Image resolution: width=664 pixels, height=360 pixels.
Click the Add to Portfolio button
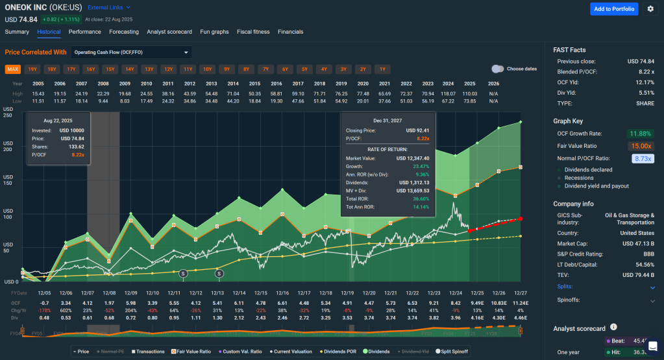pyautogui.click(x=614, y=9)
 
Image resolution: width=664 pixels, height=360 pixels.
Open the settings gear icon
pyautogui.click(x=650, y=9)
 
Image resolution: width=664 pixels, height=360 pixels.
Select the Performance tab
pyautogui.click(x=84, y=32)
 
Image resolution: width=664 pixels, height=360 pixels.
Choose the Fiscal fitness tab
pyautogui.click(x=253, y=32)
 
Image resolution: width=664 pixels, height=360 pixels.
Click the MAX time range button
pyautogui.click(x=13, y=69)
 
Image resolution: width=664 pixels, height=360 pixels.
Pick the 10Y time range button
pyautogui.click(x=207, y=69)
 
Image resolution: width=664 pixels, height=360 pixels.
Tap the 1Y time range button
pyautogui.click(x=382, y=69)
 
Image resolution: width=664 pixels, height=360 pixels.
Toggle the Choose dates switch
pyautogui.click(x=498, y=69)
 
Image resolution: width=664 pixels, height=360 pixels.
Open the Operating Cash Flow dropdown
pyautogui.click(x=131, y=52)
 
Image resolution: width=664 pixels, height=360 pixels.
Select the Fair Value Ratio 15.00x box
pyautogui.click(x=641, y=146)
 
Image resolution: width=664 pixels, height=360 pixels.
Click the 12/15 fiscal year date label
pyautogui.click(x=260, y=293)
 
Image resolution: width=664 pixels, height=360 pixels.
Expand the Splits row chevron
pyautogui.click(x=652, y=287)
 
